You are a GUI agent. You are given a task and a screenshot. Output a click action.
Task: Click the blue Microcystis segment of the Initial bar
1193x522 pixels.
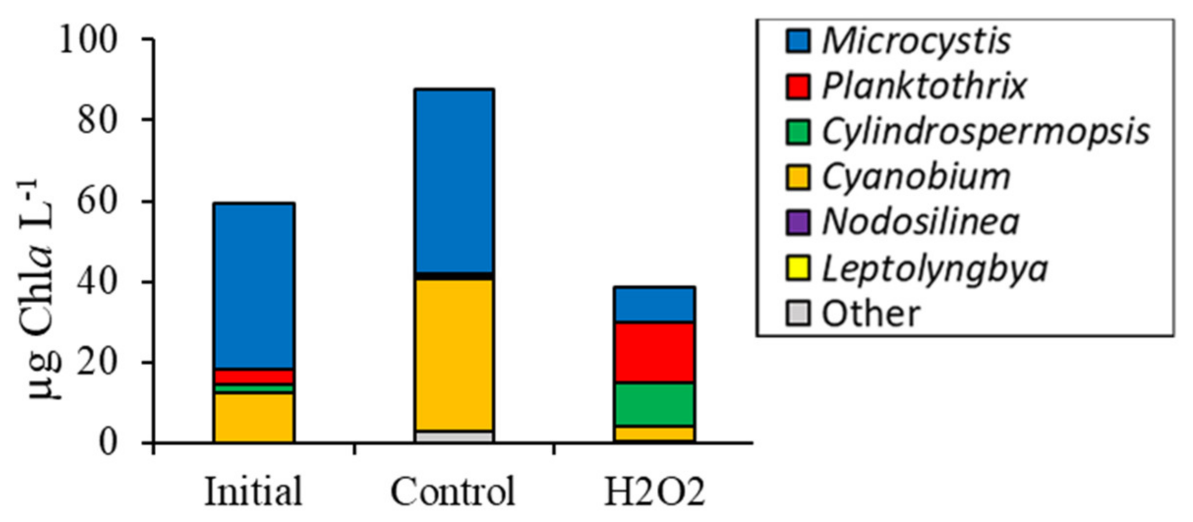[x=254, y=285]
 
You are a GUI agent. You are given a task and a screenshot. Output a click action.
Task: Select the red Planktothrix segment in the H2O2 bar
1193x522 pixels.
[x=654, y=352]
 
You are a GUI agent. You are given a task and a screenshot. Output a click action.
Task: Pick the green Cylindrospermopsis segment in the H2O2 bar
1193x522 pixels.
[x=654, y=404]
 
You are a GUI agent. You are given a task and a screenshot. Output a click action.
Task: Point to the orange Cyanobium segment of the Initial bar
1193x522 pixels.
[x=254, y=417]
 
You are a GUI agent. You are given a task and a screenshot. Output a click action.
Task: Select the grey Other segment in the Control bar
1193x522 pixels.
[x=454, y=436]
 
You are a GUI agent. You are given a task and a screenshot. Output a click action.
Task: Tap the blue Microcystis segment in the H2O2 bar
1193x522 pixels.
[x=654, y=304]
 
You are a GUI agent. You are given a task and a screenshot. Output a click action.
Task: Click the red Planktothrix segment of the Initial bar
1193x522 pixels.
[x=254, y=377]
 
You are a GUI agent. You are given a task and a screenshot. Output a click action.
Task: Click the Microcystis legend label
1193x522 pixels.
[x=916, y=40]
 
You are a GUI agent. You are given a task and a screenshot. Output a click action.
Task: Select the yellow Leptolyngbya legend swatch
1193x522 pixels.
[x=797, y=268]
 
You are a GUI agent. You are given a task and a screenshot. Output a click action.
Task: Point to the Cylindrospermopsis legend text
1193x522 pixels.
[x=985, y=132]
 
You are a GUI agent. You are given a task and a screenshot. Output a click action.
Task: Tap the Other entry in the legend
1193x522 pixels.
[x=870, y=314]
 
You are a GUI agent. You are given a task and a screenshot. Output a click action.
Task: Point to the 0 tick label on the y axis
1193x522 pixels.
[x=108, y=442]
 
